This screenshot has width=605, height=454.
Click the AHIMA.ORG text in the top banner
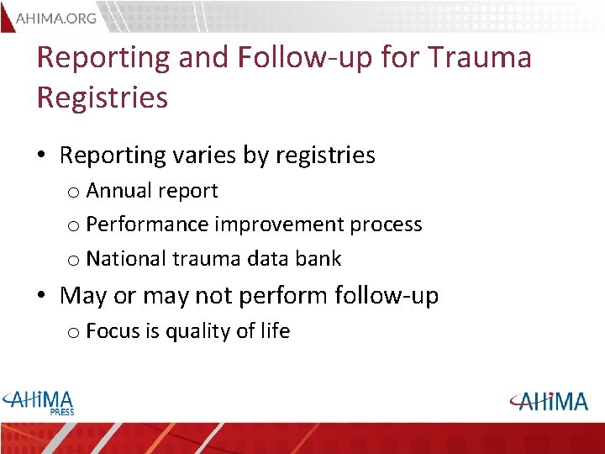(x=56, y=18)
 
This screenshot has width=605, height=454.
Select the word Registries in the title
(x=103, y=98)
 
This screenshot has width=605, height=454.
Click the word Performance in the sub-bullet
(x=148, y=224)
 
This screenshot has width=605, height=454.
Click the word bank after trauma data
(x=318, y=259)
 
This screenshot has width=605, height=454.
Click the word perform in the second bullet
(x=286, y=296)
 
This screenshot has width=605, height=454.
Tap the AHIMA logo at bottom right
(x=549, y=401)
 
